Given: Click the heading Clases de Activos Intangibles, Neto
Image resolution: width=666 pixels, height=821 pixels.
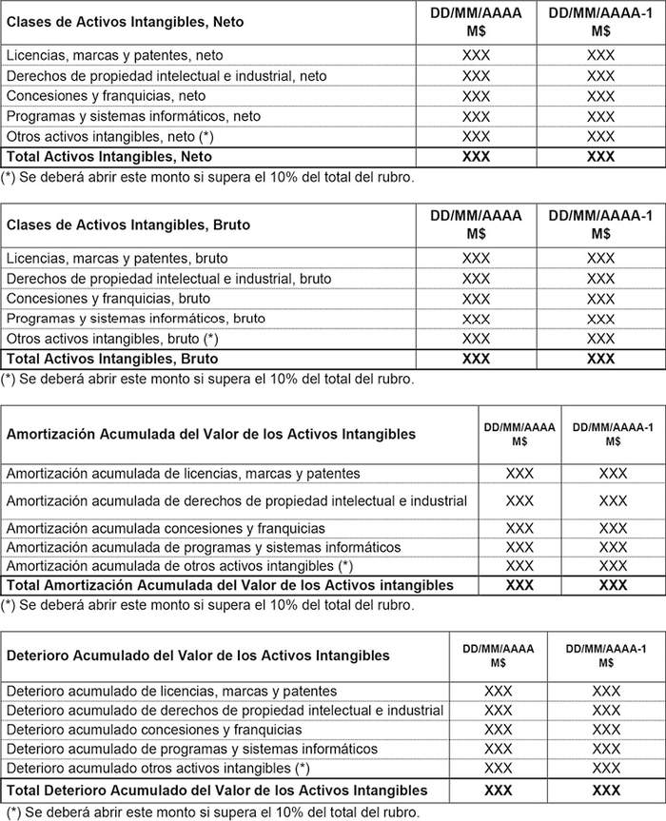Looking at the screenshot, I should pos(125,22).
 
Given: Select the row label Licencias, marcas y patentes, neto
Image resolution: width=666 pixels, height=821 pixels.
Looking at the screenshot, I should pos(115,56).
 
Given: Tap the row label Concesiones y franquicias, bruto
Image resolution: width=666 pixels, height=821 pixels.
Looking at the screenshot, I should pos(108,299).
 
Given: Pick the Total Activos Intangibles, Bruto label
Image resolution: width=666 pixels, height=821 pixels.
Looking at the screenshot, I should pos(112,359).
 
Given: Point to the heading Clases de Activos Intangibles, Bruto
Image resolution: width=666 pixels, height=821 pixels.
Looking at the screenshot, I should pos(128,225).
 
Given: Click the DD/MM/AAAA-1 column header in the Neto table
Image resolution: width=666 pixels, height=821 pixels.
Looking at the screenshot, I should pos(600,22).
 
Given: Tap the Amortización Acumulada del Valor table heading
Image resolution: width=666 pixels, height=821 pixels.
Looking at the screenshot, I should pos(211,434).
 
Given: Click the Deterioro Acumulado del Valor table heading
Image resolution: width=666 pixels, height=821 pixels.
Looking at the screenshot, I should pos(198,655).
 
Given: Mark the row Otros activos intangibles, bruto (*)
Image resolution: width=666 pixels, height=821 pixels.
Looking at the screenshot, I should pos(112,339).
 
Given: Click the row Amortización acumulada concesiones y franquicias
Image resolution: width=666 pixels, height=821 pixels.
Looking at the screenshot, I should pos(166,528).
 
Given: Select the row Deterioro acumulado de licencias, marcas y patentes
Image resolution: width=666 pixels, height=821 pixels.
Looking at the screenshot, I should pos(171,691).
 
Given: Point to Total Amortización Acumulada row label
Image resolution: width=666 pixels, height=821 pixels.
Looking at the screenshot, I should pos(230,585).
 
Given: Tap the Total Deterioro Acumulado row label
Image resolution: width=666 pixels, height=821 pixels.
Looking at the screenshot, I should pos(217,791).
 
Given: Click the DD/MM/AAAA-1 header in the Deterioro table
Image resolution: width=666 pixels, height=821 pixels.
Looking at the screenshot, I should pos(606,655).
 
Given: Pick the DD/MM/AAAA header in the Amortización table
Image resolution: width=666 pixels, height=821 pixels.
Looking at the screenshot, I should pos(519,434).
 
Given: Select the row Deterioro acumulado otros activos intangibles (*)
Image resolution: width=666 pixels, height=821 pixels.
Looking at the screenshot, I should pos(159,768).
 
